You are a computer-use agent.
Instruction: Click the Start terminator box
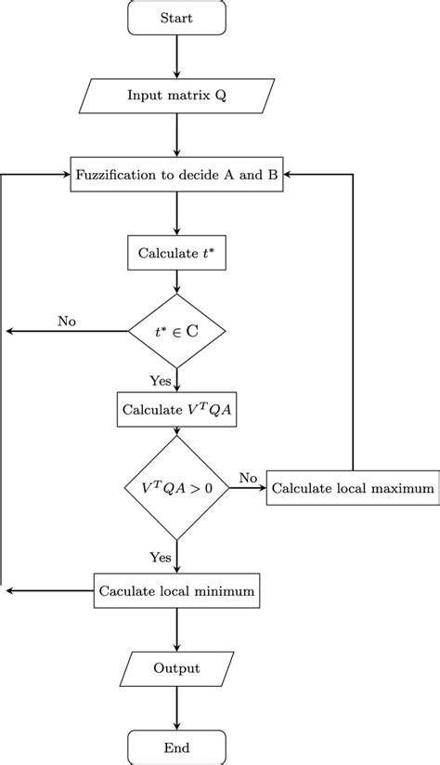click(176, 19)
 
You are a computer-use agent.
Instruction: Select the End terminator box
click(176, 746)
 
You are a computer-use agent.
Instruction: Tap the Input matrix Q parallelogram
click(176, 96)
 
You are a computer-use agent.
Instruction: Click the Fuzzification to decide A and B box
click(176, 175)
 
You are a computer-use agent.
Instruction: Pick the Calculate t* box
click(176, 252)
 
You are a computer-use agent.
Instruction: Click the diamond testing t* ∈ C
click(176, 330)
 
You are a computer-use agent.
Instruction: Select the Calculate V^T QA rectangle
click(176, 408)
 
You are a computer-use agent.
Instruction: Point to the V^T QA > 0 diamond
click(176, 487)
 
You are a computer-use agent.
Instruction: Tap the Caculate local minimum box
click(176, 589)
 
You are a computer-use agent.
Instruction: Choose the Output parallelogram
click(176, 668)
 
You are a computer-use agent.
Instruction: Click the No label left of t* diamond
click(67, 321)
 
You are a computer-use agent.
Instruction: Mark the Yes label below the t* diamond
click(160, 380)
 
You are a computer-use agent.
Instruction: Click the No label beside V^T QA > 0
click(248, 477)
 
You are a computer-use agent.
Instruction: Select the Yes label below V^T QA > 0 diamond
click(160, 557)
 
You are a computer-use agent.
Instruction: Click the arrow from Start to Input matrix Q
click(176, 58)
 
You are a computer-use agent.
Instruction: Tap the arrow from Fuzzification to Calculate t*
click(176, 214)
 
